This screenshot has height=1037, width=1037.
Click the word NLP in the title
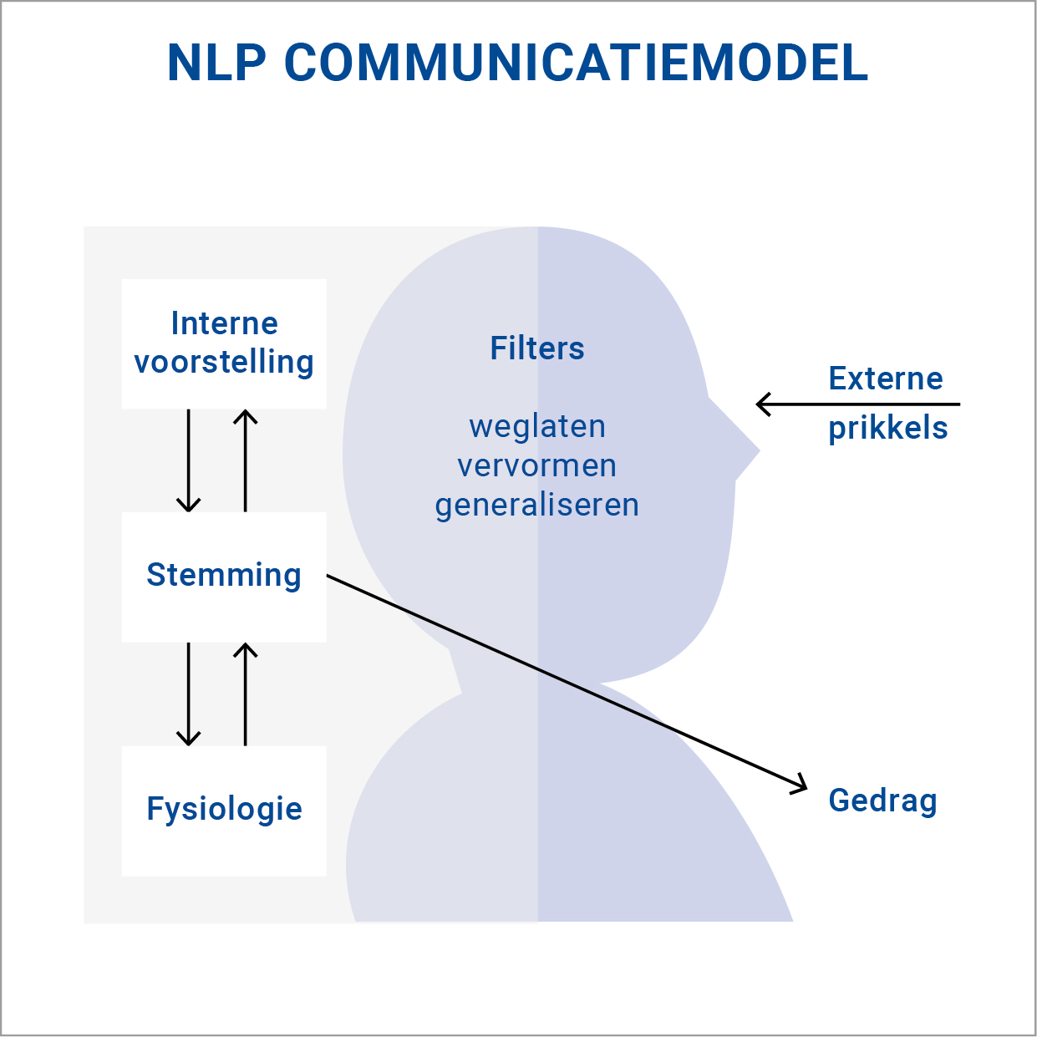216,63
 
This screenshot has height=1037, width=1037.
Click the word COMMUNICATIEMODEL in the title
576,63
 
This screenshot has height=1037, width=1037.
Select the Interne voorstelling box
224,343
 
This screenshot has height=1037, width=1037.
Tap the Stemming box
224,576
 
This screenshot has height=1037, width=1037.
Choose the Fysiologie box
224,810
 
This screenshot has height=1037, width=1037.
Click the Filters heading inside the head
537,348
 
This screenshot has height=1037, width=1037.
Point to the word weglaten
537,426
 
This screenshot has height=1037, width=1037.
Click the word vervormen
537,465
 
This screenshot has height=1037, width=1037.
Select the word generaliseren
537,505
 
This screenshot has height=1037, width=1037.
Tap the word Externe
886,379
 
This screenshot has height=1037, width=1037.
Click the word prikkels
888,428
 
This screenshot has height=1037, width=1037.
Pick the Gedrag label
882,801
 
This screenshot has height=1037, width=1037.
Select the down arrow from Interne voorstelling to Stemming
189,460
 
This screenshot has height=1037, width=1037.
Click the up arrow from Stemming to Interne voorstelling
245,460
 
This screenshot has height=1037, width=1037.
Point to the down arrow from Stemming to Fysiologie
189,694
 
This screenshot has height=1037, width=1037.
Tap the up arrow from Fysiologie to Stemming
245,694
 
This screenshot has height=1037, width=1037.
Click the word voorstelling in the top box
224,363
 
